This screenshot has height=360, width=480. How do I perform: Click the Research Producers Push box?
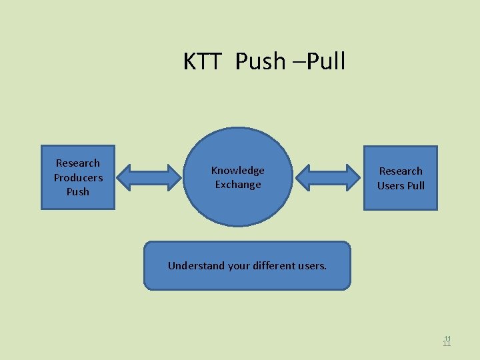pos(78,177)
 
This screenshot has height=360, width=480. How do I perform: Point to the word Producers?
pos(78,177)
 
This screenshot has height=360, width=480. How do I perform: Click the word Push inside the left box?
pos(78,192)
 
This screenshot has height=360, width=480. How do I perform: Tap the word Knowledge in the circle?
pos(238,170)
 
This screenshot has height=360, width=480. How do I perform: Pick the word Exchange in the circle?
pos(238,185)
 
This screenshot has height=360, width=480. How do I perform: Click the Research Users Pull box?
pos(401,178)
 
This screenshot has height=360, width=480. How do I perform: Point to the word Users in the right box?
pos(391,185)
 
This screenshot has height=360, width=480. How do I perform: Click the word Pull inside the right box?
pos(416,185)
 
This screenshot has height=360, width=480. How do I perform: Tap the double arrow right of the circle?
pos(327,178)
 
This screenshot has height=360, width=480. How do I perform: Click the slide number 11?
pos(447,341)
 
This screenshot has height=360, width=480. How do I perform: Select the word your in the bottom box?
pos(239,265)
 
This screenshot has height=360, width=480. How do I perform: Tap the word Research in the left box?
pos(78,163)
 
